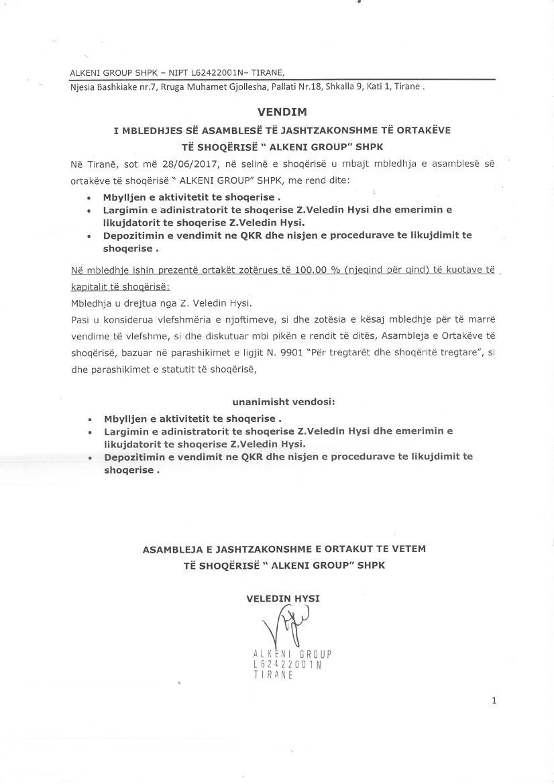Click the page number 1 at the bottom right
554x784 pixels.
494,701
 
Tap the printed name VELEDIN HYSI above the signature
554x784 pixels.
283,598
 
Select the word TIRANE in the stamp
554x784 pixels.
274,675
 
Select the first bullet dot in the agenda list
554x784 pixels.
90,199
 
